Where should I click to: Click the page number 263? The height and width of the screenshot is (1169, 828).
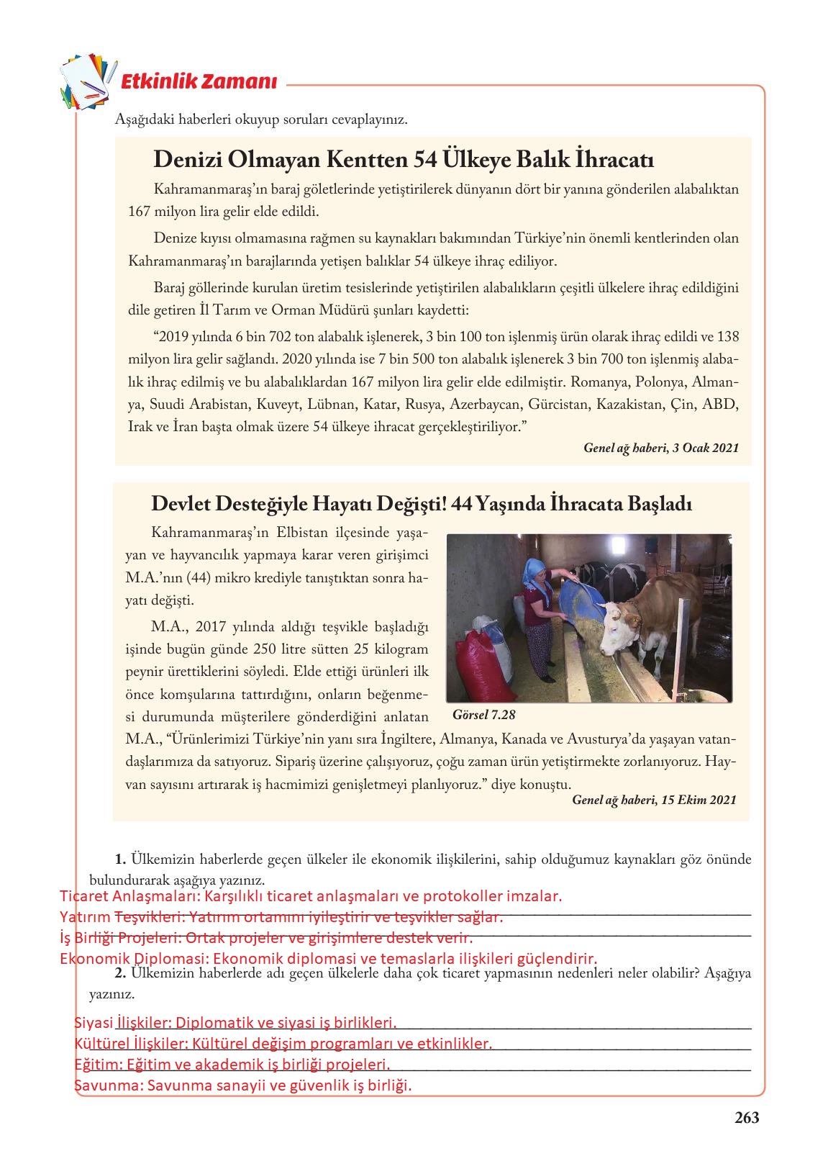[747, 1118]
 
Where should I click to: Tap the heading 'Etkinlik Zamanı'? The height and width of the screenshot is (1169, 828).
[199, 81]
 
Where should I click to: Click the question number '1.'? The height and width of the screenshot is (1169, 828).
[120, 859]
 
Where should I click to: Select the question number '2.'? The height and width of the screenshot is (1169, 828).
[120, 973]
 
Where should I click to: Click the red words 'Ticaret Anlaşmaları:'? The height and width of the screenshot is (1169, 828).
[130, 896]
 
